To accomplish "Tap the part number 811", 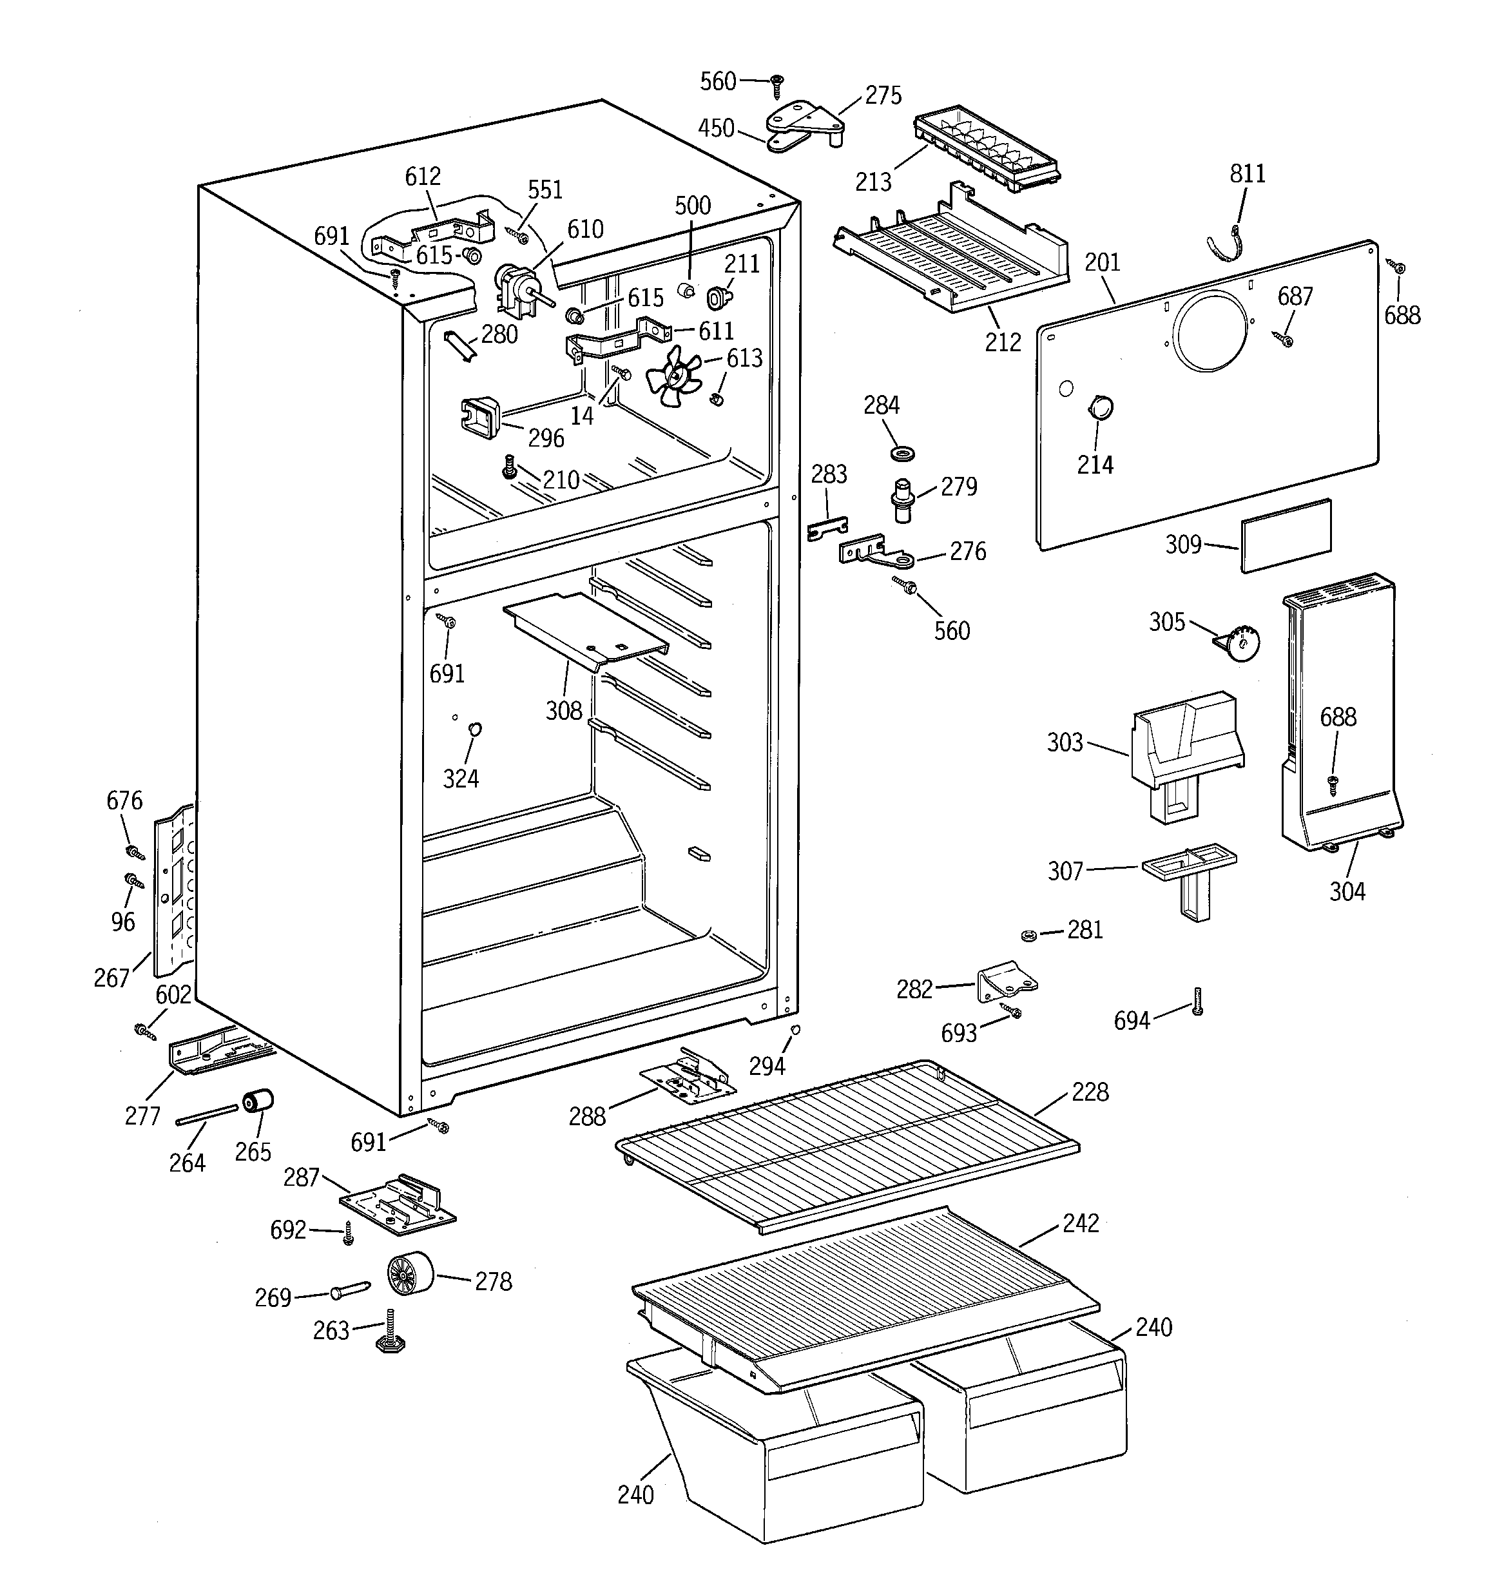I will tap(1247, 173).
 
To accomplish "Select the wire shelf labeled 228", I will tap(847, 1143).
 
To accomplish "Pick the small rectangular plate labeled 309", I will tap(1286, 535).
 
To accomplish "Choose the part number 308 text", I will tap(563, 711).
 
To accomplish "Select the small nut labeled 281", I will tap(1027, 934).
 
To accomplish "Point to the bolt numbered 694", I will tap(1197, 1001).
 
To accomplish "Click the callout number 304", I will tap(1347, 891).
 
